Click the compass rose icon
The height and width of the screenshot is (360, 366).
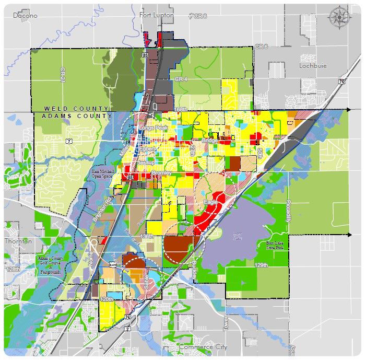pos(339,17)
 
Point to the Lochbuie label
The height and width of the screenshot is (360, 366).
pos(312,66)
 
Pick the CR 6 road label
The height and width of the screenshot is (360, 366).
pos(261,47)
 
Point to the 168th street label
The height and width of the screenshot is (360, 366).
pos(180,109)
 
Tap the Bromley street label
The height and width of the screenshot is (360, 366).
pos(160,172)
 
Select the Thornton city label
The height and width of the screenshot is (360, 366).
pos(18,242)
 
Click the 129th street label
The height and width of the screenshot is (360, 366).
pos(261,265)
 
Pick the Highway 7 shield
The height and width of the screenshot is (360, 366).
pos(69,142)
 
